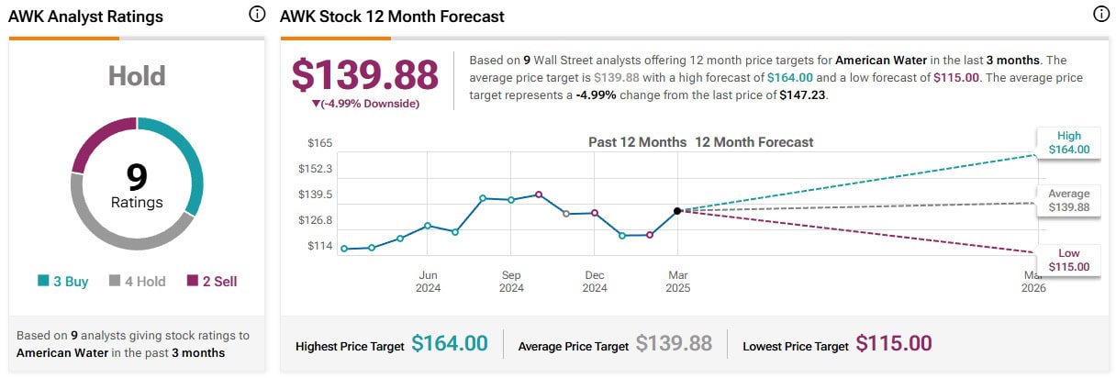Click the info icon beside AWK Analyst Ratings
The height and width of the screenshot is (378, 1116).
click(257, 15)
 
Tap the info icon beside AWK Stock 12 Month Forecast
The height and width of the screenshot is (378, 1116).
click(1100, 15)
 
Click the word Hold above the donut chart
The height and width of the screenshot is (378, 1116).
click(137, 75)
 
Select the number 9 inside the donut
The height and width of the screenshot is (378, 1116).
click(137, 176)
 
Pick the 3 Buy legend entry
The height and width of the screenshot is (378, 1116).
click(63, 282)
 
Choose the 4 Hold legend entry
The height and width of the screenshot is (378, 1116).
click(137, 282)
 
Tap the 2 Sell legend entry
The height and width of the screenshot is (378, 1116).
click(212, 282)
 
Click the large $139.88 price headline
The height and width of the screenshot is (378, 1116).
click(364, 75)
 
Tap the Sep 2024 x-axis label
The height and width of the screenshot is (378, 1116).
click(511, 282)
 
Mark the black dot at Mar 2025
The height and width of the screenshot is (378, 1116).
click(677, 211)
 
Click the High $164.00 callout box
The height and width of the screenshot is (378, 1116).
click(1069, 142)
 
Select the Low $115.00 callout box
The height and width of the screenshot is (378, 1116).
click(1069, 260)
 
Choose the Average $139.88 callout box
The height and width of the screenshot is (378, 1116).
click(1069, 201)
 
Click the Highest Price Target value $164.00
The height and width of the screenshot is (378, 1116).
click(449, 344)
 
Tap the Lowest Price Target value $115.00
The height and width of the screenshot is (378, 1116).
click(893, 344)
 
